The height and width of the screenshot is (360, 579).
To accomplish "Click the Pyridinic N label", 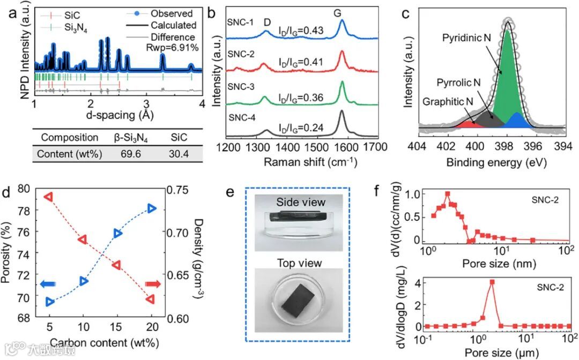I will (465, 38).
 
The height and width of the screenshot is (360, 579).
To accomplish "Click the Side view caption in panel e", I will (293, 202).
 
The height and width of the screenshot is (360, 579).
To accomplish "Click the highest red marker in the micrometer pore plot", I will (492, 282).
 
